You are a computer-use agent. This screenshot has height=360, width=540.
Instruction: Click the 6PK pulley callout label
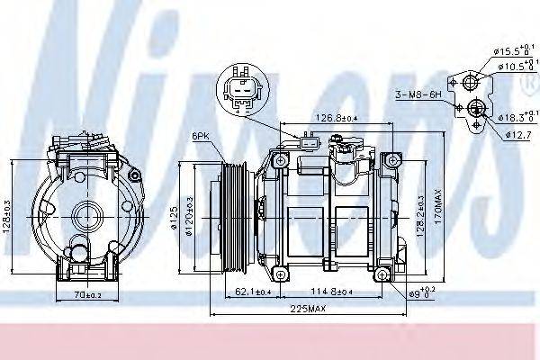pyautogui.click(x=201, y=136)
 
